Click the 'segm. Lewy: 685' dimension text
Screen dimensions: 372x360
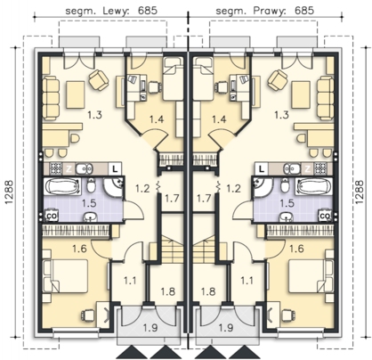(x=111, y=11)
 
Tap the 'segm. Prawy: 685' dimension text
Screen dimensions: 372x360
(x=264, y=11)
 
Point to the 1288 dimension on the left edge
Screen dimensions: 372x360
(x=9, y=192)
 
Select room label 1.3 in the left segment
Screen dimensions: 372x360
(x=95, y=115)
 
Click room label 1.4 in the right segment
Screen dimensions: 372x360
(x=219, y=119)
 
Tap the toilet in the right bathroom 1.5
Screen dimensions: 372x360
(x=285, y=185)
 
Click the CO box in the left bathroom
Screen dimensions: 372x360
(x=51, y=216)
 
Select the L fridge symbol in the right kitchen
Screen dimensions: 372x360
(x=262, y=169)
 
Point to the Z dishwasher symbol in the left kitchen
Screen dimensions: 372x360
(x=69, y=169)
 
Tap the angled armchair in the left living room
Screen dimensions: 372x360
(x=99, y=79)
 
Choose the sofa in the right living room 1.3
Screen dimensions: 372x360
(x=325, y=98)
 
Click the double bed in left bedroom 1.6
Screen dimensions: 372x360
(x=66, y=275)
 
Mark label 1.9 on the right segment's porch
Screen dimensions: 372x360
(x=226, y=328)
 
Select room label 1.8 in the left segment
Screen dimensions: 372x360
(x=168, y=291)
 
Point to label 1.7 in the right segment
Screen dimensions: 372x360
(x=204, y=198)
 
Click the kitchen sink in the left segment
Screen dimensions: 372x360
(x=84, y=169)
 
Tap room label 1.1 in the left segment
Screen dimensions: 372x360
(x=130, y=281)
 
